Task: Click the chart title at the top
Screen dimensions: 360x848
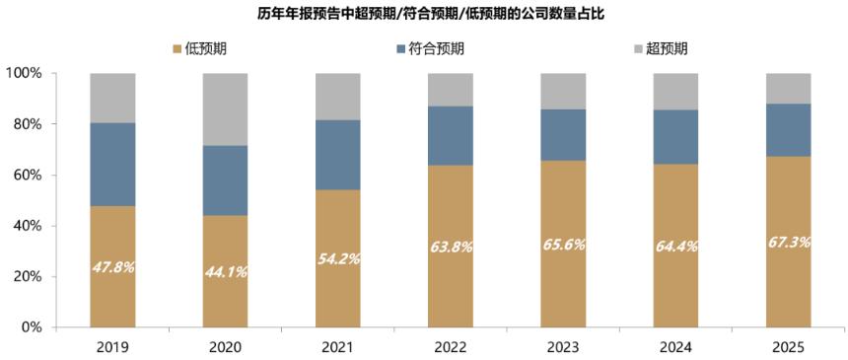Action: [425, 13]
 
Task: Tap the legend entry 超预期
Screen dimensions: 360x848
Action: [662, 48]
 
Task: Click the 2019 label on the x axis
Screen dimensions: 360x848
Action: [112, 348]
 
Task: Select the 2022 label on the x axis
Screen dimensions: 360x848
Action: [451, 348]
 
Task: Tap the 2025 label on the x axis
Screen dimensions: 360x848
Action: [789, 348]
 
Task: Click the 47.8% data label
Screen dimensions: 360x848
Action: [112, 267]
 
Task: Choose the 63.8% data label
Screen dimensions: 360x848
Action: [451, 247]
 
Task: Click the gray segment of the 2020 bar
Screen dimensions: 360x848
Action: [226, 108]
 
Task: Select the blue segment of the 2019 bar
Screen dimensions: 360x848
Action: [112, 164]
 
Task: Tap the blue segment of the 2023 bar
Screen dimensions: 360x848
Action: [563, 135]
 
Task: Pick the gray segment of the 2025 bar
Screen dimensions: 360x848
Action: [789, 88]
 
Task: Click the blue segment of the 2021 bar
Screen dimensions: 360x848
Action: [338, 155]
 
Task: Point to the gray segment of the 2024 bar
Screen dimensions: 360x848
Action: [676, 91]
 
